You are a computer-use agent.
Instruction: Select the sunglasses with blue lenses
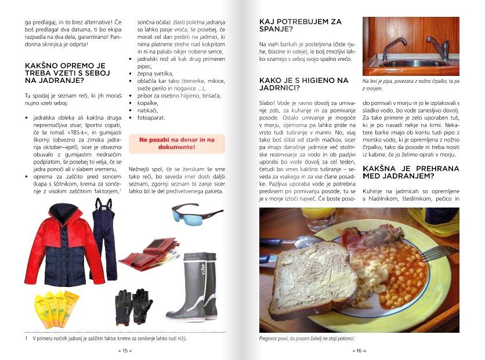click(196, 214)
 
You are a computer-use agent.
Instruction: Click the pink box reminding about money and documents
click(176, 143)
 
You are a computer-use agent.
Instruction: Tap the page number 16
click(360, 351)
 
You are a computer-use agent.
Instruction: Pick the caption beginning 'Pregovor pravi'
click(306, 339)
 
